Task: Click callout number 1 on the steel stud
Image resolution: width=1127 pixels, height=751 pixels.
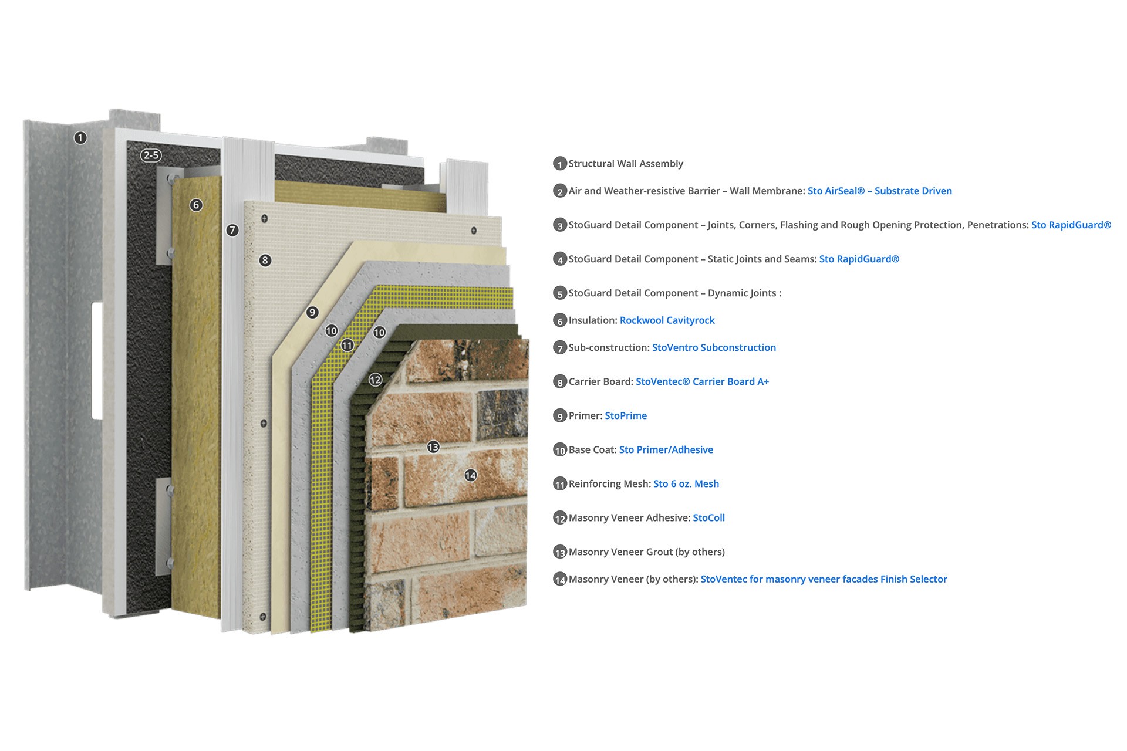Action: (80, 138)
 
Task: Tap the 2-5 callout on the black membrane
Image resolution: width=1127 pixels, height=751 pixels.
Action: (151, 155)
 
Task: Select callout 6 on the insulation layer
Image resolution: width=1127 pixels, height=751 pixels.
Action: (196, 205)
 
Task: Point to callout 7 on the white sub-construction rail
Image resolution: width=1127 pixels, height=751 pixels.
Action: (232, 230)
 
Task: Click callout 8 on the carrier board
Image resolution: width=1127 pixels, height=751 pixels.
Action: (265, 260)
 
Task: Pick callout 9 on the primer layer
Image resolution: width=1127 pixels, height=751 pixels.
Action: (312, 312)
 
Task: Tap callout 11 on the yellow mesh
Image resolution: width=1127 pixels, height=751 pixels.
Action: (347, 345)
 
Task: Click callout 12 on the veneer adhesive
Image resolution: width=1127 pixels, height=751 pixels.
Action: (375, 380)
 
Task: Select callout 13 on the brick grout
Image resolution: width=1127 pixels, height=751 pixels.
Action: (433, 447)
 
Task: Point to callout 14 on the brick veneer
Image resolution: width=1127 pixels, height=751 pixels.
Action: (471, 475)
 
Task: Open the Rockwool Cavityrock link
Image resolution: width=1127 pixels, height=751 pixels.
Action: (667, 320)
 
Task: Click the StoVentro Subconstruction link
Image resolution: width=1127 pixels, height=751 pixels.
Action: (714, 347)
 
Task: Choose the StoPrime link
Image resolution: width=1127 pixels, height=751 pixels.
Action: (626, 415)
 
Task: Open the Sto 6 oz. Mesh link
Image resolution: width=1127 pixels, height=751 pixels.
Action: (686, 483)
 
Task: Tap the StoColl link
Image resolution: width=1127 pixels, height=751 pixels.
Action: (708, 517)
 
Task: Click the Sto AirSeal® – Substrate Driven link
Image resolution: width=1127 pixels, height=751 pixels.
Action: (880, 191)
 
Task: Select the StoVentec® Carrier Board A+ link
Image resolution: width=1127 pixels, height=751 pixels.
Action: (702, 381)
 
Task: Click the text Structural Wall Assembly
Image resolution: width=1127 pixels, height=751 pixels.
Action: (626, 164)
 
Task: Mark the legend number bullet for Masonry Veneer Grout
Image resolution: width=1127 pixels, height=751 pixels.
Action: (560, 552)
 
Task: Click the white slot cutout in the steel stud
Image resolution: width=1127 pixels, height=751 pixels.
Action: (97, 361)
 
